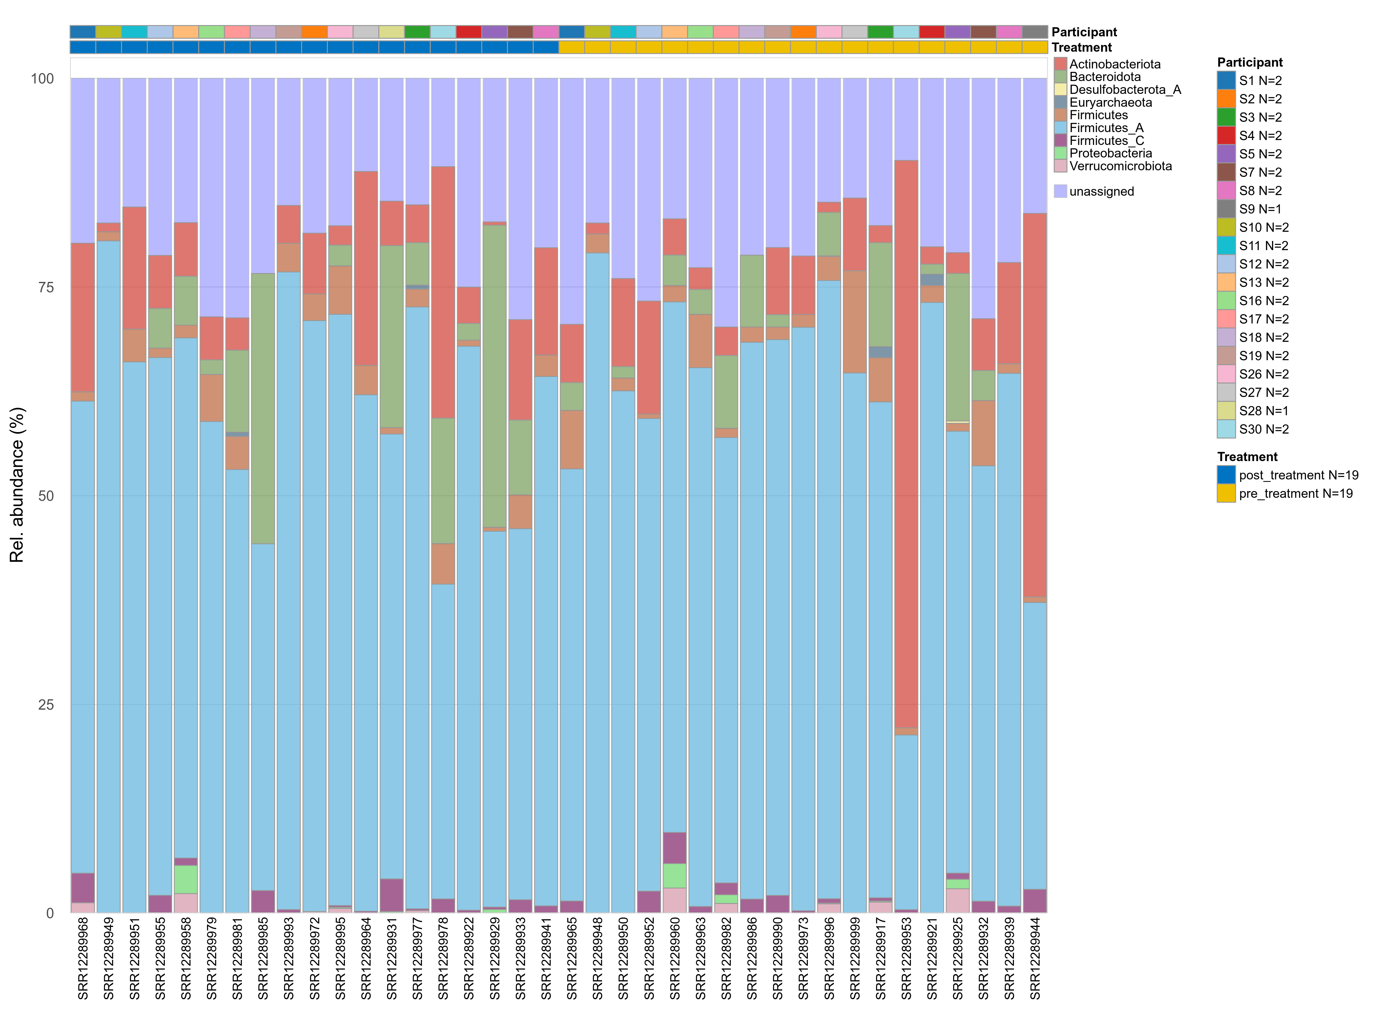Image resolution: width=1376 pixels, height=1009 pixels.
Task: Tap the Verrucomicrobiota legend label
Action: pos(1120,166)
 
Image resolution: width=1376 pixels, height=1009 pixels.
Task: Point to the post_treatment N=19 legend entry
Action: pos(1298,475)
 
